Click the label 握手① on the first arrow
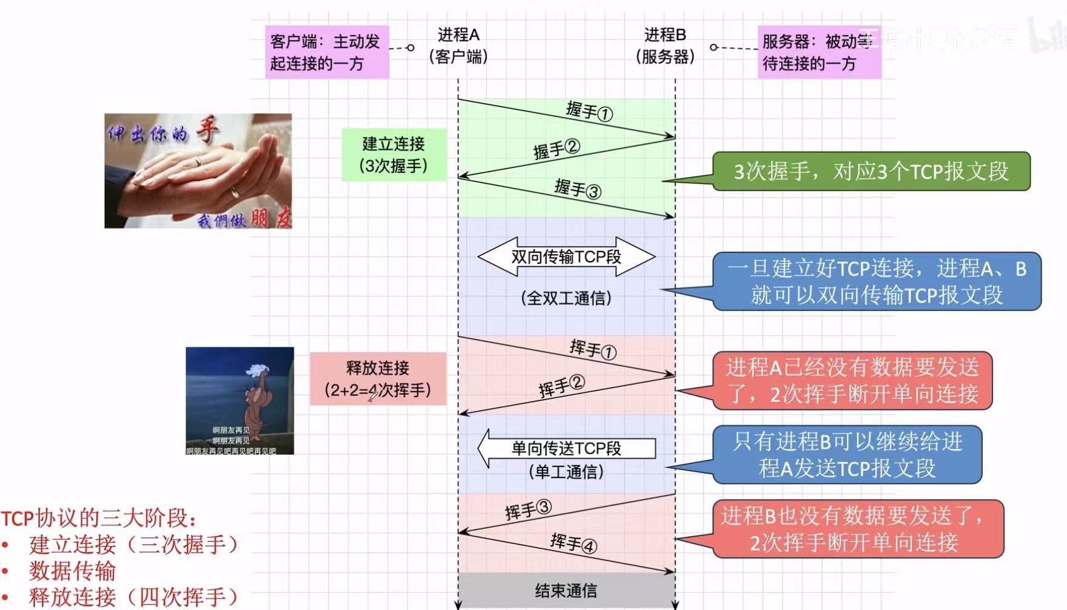pyautogui.click(x=589, y=112)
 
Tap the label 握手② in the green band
pyautogui.click(x=557, y=149)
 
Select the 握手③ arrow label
pyautogui.click(x=577, y=189)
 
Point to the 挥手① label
pyautogui.click(x=592, y=349)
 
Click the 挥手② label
pyautogui.click(x=561, y=386)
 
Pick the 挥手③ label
pyautogui.click(x=528, y=510)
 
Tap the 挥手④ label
pyautogui.click(x=573, y=543)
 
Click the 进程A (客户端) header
pyautogui.click(x=458, y=45)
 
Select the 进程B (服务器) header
pyautogui.click(x=665, y=45)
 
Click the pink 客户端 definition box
pyautogui.click(x=327, y=52)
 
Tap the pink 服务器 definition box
pyautogui.click(x=818, y=52)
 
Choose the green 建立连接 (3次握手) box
pyautogui.click(x=393, y=155)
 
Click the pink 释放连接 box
pyautogui.click(x=378, y=378)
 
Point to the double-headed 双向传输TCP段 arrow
pyautogui.click(x=566, y=256)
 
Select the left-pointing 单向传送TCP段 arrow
pyautogui.click(x=566, y=448)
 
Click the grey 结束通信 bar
pyautogui.click(x=566, y=590)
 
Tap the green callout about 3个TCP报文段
pyautogui.click(x=871, y=172)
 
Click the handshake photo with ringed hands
pyautogui.click(x=198, y=171)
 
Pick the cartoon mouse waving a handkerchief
pyautogui.click(x=240, y=401)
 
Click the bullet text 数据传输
pyautogui.click(x=72, y=571)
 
